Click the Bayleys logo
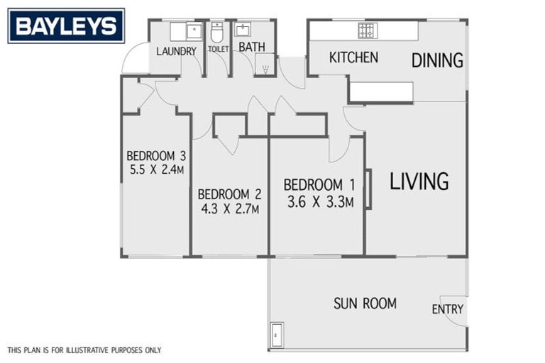pos(66,26)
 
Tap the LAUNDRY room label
pos(176,50)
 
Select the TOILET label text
pos(218,49)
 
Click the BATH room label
pos(251,48)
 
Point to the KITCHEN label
pos(353,57)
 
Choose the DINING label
pos(437,60)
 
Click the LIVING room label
pos(419,181)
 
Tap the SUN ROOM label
pos(365,303)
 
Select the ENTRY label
pos(447,309)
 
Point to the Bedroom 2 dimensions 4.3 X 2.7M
pos(229,209)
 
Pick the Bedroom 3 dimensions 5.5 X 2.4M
pos(156,170)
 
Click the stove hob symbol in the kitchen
pos(367,30)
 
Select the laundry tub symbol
pos(194,30)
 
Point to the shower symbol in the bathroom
pos(265,69)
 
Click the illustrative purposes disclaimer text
pos(84,350)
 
